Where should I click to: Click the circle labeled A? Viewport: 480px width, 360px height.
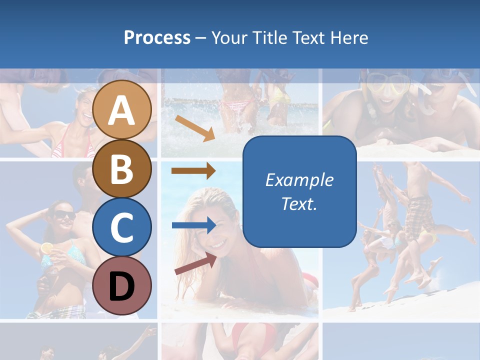pos(122,109)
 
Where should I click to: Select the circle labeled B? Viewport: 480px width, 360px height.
pos(122,168)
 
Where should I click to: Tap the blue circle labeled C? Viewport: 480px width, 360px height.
pos(122,227)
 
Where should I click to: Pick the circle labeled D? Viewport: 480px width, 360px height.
pos(122,285)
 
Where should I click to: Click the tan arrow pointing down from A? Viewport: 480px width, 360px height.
pos(194,128)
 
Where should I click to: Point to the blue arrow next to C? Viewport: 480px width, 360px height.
pos(193,225)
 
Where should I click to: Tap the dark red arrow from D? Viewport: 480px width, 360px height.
pos(195,264)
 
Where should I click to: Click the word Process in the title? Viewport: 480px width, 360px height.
pos(157,37)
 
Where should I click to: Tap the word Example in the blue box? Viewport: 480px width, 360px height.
pos(299,180)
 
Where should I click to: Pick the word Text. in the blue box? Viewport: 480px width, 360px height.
pos(299,203)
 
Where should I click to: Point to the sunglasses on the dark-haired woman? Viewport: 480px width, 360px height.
pos(64,215)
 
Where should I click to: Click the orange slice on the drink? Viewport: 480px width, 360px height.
pos(47,247)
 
